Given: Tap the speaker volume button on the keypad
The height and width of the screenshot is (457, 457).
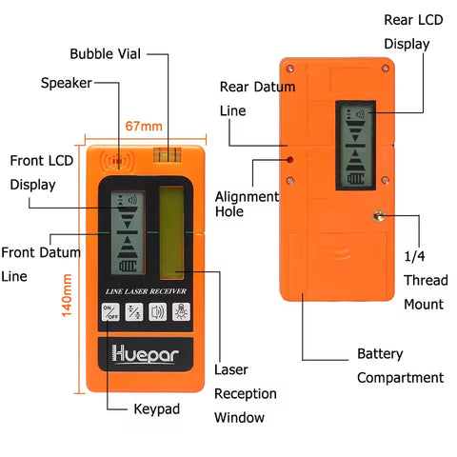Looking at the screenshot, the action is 157,311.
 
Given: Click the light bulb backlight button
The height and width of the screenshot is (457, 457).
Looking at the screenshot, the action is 181,311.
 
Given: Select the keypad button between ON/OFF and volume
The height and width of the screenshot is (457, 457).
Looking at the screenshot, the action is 134,311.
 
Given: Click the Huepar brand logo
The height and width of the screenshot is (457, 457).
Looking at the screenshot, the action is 145,353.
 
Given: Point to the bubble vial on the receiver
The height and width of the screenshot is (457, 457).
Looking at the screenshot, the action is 168,154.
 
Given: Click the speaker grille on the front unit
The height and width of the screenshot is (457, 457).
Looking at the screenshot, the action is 117,161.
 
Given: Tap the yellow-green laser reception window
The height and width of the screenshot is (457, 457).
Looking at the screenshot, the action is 171,233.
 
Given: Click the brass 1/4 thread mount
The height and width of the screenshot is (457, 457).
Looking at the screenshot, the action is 378,216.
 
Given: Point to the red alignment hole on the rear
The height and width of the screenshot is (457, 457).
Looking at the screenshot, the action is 289,160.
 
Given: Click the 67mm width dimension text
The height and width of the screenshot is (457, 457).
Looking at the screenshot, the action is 144,127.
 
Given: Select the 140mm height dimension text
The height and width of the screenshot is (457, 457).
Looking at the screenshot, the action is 67,295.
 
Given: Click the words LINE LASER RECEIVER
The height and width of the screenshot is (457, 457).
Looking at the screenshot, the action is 146,291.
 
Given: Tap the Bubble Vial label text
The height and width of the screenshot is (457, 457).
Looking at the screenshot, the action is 106,54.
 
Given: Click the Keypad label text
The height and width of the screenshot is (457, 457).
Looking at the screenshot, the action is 157,409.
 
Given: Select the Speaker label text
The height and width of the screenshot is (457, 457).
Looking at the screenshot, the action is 67,83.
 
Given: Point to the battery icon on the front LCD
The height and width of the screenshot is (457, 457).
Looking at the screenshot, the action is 128,266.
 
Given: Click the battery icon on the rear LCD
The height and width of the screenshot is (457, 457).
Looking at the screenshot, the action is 355,179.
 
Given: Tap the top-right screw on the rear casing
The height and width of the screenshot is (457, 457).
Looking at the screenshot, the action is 386,69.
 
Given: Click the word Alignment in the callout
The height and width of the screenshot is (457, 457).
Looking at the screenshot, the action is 247,197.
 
